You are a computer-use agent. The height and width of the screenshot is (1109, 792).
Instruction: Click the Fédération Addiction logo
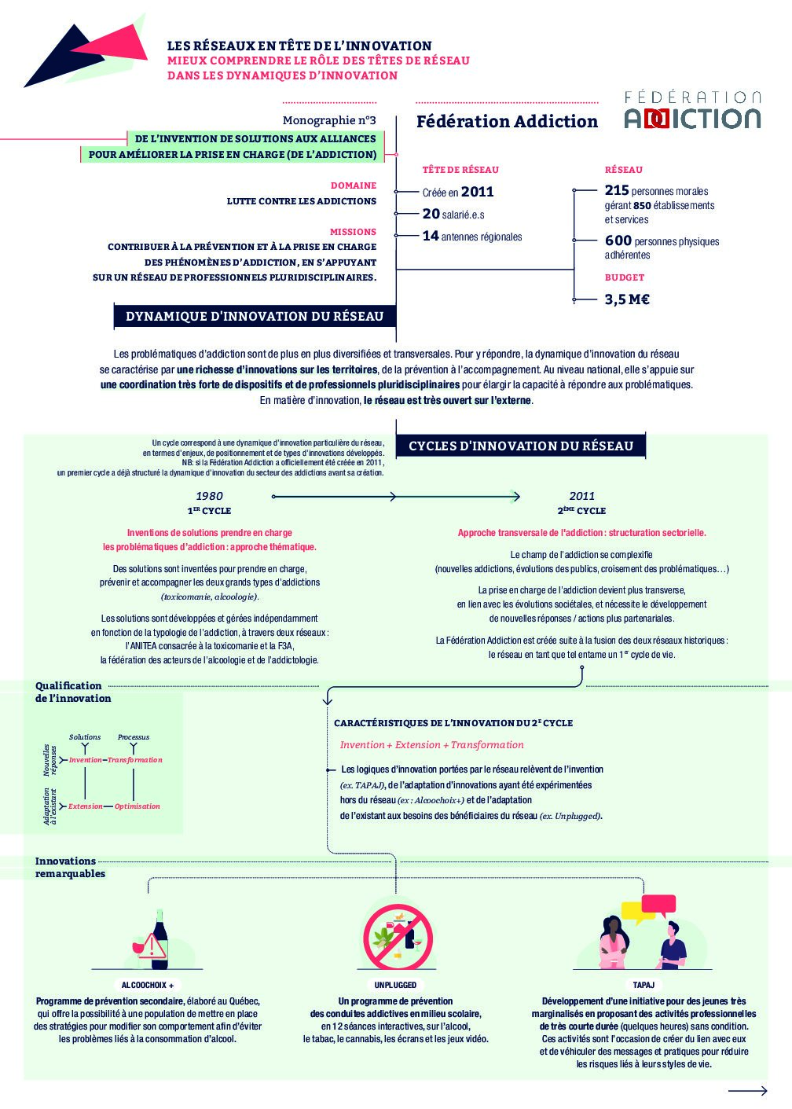[x=692, y=111]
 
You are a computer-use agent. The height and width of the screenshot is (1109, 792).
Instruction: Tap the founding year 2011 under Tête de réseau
[x=477, y=192]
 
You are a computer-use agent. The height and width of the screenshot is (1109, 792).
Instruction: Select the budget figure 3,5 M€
[x=627, y=299]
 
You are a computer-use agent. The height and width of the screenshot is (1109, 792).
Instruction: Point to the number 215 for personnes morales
[x=617, y=190]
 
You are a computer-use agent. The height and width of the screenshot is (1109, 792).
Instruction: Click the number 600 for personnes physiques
[x=618, y=241]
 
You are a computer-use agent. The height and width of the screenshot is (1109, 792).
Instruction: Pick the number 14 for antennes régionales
[x=431, y=236]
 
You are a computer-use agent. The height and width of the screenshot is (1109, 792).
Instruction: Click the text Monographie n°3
[x=329, y=120]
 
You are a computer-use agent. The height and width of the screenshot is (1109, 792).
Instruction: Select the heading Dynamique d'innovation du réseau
[x=255, y=317]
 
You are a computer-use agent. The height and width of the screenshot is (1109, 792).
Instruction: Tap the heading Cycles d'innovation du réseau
[x=520, y=446]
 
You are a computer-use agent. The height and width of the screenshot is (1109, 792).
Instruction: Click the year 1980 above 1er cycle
[x=209, y=496]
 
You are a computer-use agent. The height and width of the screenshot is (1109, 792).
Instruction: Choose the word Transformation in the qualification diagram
[x=135, y=760]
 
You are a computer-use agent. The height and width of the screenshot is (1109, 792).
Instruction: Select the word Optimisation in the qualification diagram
[x=137, y=806]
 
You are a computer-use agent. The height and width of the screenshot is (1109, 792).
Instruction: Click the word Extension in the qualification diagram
[x=86, y=806]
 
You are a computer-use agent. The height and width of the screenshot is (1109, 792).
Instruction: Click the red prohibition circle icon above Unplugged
[x=398, y=937]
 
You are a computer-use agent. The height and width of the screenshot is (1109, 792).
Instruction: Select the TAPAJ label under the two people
[x=643, y=985]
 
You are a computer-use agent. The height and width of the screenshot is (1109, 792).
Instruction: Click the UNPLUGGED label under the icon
[x=395, y=985]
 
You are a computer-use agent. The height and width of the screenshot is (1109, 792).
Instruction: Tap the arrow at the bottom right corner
[x=747, y=1091]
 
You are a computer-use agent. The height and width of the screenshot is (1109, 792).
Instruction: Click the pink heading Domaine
[x=354, y=185]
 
